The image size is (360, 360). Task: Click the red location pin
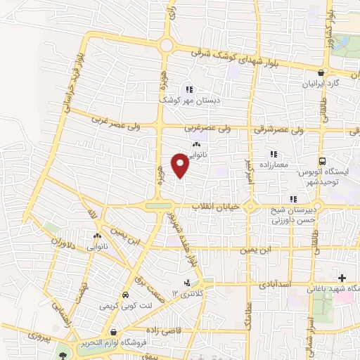click(x=181, y=165)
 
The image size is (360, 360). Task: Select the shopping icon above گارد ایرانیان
click(x=321, y=72)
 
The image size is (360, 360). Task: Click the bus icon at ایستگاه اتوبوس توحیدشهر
click(x=322, y=160)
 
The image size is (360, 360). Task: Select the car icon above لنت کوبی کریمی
click(x=125, y=295)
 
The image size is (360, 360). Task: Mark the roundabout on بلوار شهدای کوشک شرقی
click(x=167, y=46)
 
